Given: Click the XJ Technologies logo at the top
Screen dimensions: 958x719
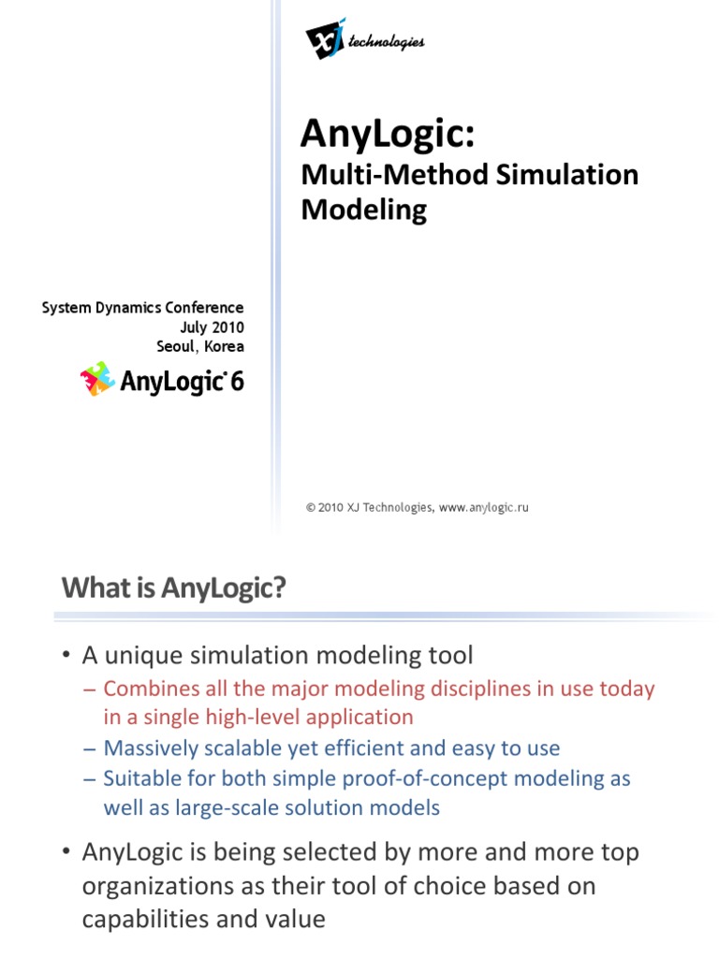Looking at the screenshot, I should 364,38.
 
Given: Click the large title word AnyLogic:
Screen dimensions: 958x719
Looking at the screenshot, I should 389,134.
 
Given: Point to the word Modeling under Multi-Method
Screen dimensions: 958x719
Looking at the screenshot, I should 363,210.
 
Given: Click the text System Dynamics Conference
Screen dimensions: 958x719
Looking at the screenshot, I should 142,308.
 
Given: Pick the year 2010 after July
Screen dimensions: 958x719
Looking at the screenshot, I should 227,327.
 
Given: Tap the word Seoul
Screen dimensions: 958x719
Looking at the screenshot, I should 175,346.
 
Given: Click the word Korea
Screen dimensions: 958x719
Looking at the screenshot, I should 224,346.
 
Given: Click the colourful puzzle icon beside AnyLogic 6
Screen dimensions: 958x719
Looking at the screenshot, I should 96,379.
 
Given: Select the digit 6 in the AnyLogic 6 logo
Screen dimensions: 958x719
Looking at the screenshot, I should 236,381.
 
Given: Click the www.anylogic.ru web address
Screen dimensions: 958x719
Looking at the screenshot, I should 484,507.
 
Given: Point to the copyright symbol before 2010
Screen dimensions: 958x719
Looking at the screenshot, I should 310,507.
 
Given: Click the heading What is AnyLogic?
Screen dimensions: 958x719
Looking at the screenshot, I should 173,588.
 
